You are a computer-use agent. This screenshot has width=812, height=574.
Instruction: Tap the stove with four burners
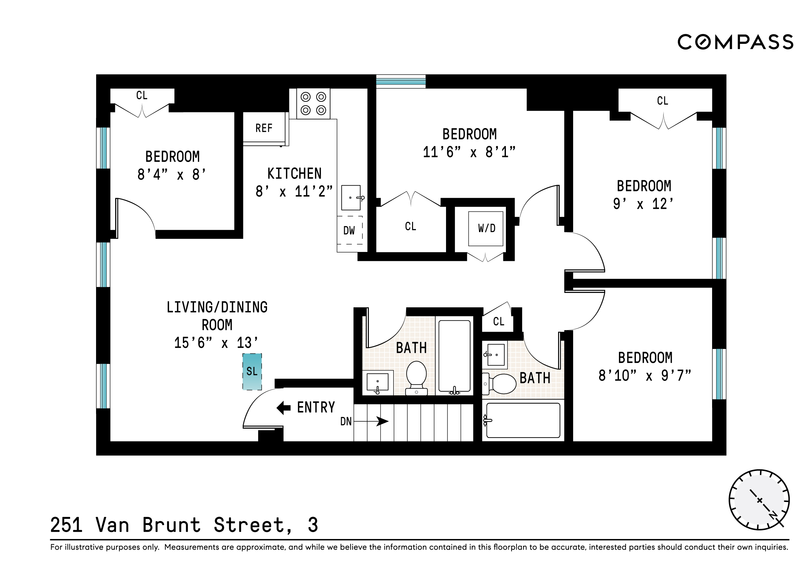pos(313,104)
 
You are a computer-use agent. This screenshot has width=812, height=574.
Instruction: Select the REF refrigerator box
pos(264,128)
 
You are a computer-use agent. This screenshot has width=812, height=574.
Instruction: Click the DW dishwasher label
pos(349,230)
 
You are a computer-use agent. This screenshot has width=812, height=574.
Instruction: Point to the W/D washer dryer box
pos(486,229)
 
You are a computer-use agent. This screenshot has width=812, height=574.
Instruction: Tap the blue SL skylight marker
pos(252,371)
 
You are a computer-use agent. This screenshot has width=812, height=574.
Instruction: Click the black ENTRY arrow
pos(283,408)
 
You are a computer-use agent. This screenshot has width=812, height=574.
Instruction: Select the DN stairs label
pos(346,421)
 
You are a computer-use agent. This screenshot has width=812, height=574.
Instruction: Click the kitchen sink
pos(351,198)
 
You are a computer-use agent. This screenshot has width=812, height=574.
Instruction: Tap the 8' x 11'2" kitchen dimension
pos(294,192)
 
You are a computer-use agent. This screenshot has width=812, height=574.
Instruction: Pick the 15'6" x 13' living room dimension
pos(216,343)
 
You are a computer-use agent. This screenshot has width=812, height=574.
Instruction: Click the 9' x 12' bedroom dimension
pos(643,204)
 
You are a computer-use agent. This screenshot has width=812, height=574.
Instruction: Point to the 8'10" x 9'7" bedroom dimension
pos(644,376)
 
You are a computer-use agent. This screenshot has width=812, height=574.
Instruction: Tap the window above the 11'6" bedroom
pos(401,81)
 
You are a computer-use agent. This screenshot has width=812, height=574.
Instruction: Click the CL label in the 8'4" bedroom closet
pos(142,95)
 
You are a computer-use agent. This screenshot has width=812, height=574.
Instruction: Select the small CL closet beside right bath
pos(499,321)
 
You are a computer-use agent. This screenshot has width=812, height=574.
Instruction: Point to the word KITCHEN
pos(294,174)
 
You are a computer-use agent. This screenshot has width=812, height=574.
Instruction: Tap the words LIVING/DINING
pos(217,307)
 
